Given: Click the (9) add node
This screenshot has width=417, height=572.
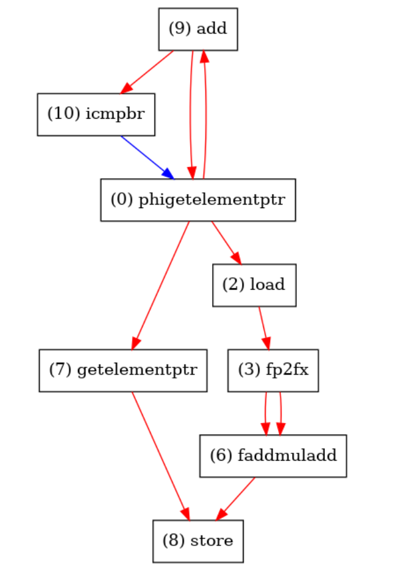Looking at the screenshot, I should [198, 29].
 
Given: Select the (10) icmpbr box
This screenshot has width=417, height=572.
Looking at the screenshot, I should [96, 114].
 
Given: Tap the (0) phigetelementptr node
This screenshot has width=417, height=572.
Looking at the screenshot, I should [198, 200].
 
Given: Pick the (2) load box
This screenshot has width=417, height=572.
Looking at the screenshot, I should [254, 285].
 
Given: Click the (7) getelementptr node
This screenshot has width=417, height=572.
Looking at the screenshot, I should [123, 370].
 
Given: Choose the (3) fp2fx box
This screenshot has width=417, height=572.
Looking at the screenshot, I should [273, 370].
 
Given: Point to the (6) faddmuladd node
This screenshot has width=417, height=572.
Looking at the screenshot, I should [273, 455].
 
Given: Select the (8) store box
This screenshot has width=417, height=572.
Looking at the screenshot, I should [198, 540].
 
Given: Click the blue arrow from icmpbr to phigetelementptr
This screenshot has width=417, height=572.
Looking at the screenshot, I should [146, 156].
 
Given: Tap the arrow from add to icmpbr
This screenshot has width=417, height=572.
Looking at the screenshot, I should [148, 72].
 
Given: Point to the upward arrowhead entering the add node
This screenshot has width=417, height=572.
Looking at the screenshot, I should [205, 57].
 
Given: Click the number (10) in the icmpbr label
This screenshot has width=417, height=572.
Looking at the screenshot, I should [60, 114].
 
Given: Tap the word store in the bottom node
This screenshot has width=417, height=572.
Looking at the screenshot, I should [213, 540].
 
